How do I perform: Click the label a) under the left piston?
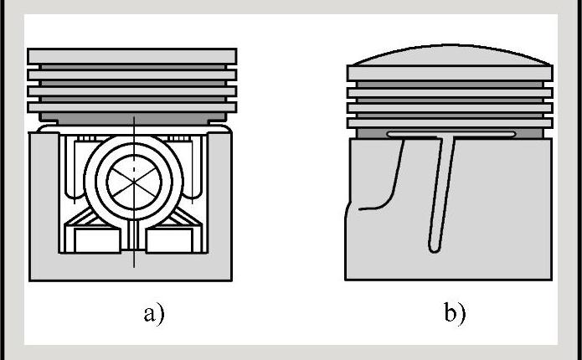[x=154, y=315]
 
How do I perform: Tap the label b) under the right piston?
[x=455, y=314]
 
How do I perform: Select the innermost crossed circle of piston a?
[x=134, y=183]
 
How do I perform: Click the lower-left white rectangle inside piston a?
[x=97, y=240]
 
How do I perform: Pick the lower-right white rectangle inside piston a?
[x=170, y=240]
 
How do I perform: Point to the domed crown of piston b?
[x=451, y=55]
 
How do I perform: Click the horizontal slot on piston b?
[x=451, y=134]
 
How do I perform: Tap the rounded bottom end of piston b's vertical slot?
[x=434, y=248]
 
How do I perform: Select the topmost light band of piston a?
[x=132, y=56]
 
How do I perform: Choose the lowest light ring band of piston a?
[x=132, y=107]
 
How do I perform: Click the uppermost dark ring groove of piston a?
[x=133, y=67]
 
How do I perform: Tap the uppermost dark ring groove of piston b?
[x=450, y=85]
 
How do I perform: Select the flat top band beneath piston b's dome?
[x=450, y=73]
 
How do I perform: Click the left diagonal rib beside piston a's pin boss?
[x=80, y=219]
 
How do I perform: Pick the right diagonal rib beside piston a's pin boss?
[x=188, y=219]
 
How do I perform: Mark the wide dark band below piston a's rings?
[x=133, y=118]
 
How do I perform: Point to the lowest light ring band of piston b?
[x=450, y=123]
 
